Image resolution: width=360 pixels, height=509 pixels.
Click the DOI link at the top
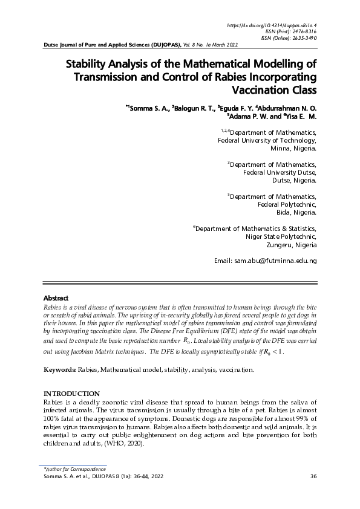[x=272, y=25]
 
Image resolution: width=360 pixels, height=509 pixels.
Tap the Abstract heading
[x=56, y=298]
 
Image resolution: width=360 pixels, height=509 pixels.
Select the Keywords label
[x=59, y=369]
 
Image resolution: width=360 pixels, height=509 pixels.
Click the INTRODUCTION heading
[x=71, y=394]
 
